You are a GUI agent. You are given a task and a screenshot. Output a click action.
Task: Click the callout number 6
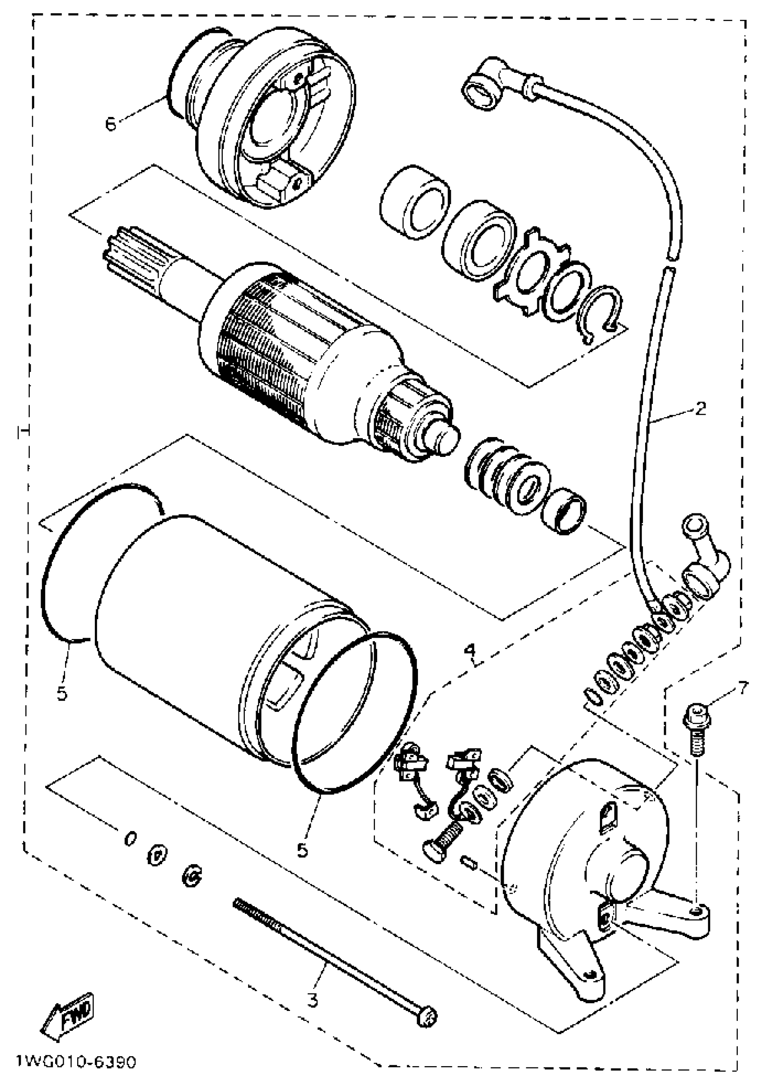click(111, 124)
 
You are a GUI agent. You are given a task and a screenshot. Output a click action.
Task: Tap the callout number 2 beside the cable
click(701, 408)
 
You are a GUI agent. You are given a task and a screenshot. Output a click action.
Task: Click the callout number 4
click(469, 650)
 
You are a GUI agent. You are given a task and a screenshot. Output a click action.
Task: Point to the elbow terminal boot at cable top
click(487, 85)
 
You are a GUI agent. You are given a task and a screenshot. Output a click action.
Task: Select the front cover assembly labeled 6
click(265, 118)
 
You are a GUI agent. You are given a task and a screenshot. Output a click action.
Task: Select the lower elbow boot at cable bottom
click(705, 572)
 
